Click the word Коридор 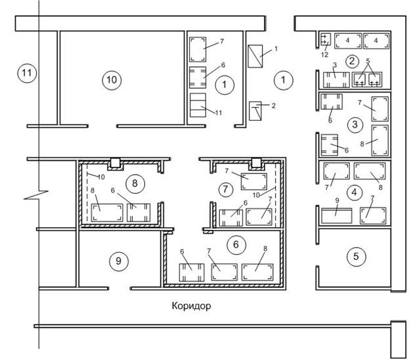coord(191,305)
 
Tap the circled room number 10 coord(112,79)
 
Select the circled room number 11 coord(27,73)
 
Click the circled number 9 coord(119,261)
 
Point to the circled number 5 coord(356,256)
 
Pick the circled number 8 coord(135,183)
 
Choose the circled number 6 coord(236,244)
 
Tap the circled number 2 coord(352,61)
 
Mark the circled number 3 coord(355,125)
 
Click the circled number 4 coord(355,192)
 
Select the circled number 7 coord(225,189)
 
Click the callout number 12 coord(325,55)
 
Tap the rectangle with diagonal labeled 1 coord(255,56)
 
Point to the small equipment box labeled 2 coord(255,111)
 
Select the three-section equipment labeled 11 coord(198,105)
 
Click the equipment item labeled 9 coord(337,216)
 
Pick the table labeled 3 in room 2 coord(336,79)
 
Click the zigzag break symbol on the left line coord(37,195)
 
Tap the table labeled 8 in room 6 coord(257,272)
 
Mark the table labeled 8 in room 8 coord(107,213)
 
